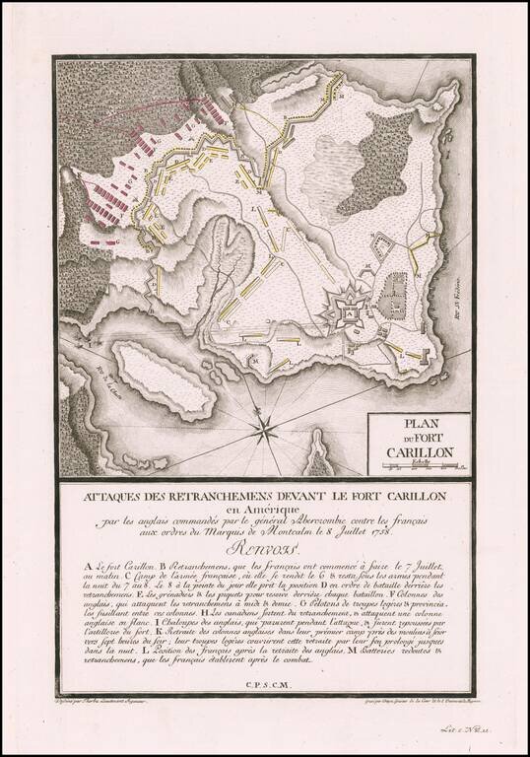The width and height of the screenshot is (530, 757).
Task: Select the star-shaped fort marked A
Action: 349,312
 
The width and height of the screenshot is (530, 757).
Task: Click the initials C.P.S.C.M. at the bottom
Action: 265,681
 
